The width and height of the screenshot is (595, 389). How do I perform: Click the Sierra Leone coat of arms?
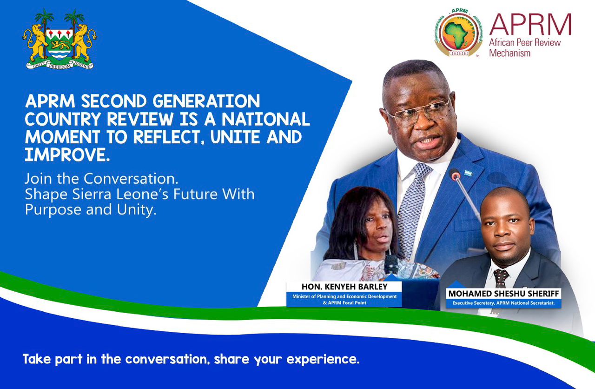click(x=59, y=40)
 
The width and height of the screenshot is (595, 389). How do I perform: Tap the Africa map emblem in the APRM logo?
click(x=458, y=35)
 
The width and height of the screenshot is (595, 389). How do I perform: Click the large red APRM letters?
click(x=529, y=25)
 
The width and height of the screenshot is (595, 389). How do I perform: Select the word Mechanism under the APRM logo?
click(x=509, y=53)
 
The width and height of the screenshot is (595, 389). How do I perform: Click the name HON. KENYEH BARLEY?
click(x=344, y=287)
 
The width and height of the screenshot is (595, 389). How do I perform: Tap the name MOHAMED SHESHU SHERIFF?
click(x=503, y=294)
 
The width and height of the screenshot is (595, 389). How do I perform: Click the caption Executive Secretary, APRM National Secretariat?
click(x=503, y=304)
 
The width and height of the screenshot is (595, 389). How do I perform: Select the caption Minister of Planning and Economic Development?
click(x=344, y=296)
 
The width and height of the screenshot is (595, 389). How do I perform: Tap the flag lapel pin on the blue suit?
click(x=467, y=173)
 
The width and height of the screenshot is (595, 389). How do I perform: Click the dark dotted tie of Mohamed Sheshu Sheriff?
click(x=500, y=278)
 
